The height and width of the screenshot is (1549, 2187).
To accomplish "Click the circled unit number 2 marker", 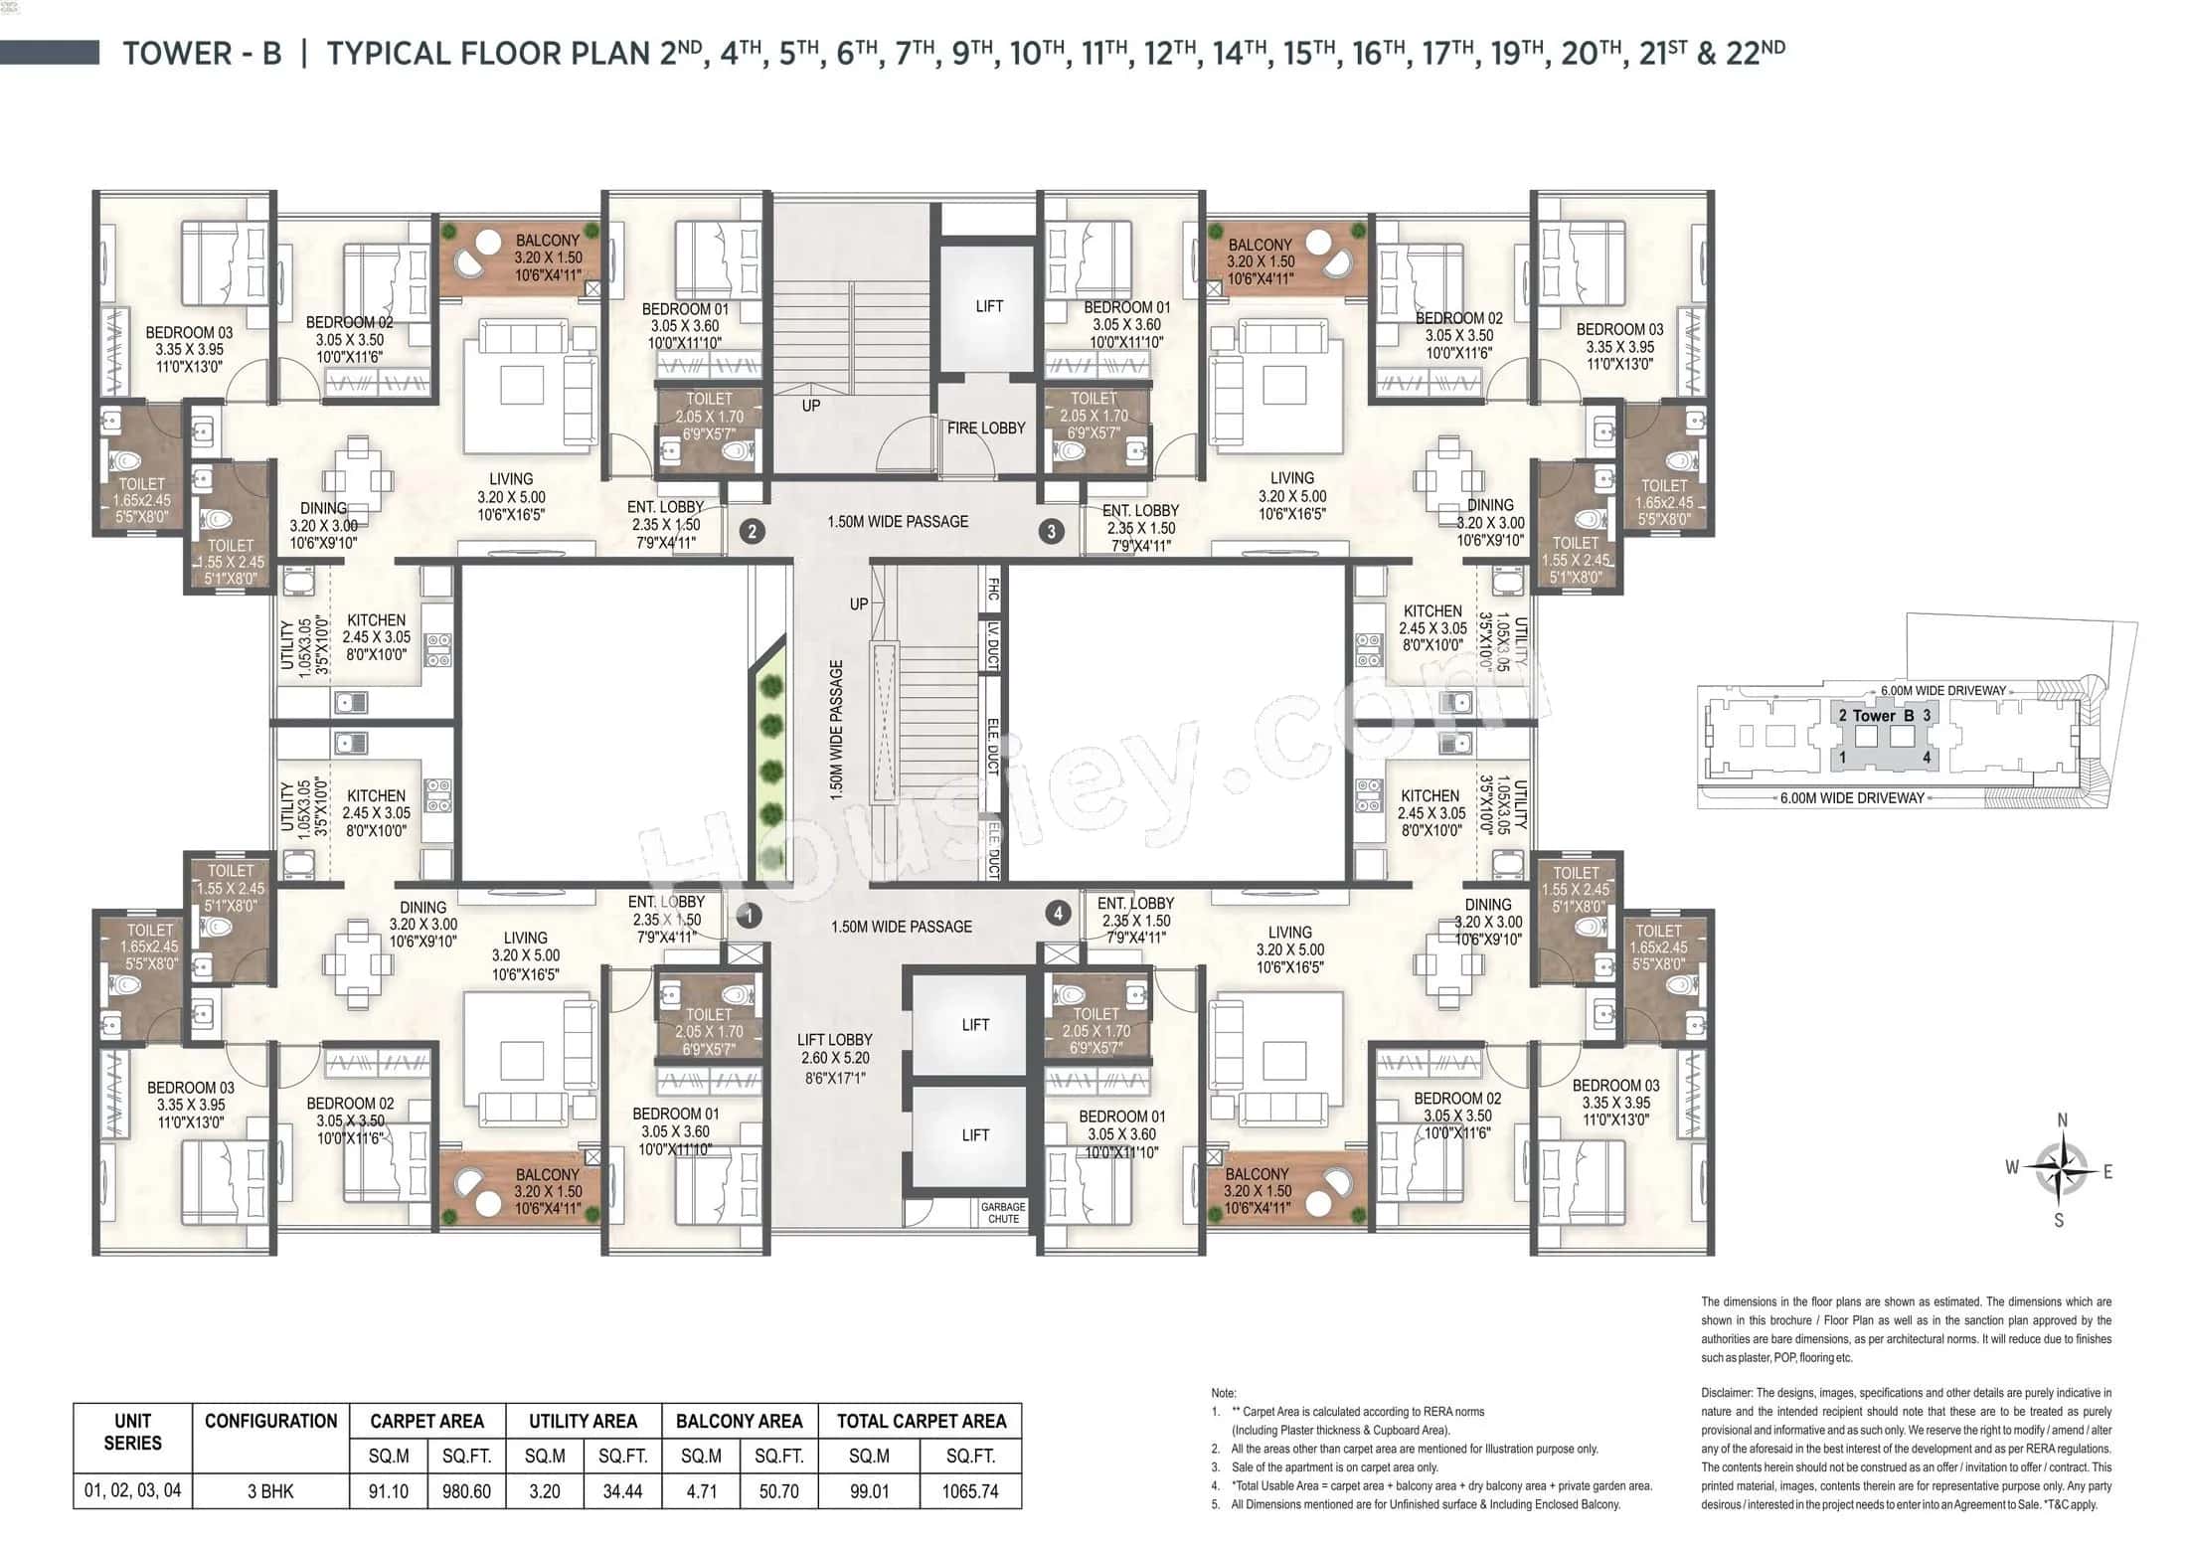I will tap(752, 532).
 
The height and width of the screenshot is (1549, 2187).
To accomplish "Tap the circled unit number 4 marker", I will tap(1058, 913).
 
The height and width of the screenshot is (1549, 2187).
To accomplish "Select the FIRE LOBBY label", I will tap(986, 429).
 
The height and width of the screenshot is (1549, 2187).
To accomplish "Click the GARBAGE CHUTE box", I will tap(1003, 1213).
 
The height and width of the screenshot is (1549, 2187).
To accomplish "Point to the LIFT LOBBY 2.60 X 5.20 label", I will tap(834, 1058).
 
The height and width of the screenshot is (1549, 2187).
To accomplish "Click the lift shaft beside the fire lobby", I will tap(988, 307).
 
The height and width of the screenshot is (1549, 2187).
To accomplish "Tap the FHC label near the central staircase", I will tap(992, 589).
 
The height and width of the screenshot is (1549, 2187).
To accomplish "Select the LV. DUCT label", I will tap(992, 645).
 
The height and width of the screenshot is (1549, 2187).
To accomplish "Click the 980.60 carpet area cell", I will tap(466, 1491).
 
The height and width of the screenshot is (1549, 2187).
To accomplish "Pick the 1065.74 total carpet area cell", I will tap(969, 1491).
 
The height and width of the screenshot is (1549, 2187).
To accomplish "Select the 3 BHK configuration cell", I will tap(270, 1491).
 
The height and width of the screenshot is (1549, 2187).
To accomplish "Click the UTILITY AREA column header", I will tap(583, 1421).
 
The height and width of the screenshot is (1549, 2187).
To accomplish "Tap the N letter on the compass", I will tap(2062, 1120).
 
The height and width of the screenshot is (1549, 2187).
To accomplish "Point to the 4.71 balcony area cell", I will tap(701, 1491).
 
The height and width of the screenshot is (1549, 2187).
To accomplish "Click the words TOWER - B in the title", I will tap(202, 53).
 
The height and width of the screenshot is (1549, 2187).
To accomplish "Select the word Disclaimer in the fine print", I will tap(1726, 1393).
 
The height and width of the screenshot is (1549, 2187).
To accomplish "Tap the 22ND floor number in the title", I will tap(1756, 52).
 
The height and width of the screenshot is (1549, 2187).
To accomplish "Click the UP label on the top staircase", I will tap(811, 406).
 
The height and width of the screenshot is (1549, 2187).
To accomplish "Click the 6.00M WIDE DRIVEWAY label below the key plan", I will tap(1852, 797).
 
